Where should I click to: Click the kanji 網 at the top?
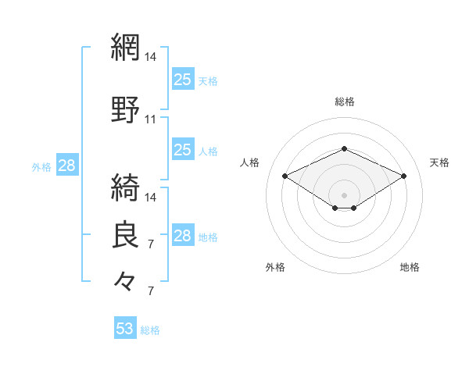click(x=125, y=47)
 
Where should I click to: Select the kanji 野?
click(x=125, y=109)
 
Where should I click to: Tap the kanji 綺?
click(x=125, y=187)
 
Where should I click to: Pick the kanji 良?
click(x=125, y=234)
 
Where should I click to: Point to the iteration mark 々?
click(x=125, y=281)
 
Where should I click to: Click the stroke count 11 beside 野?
click(x=150, y=119)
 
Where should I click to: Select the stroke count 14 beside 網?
click(x=150, y=57)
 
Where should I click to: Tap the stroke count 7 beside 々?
click(x=151, y=291)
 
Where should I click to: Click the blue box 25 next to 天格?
click(x=183, y=79)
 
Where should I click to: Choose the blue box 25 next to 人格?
click(x=183, y=149)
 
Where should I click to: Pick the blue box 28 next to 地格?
click(x=183, y=234)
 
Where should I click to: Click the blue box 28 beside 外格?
click(x=67, y=165)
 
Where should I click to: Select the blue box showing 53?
click(x=125, y=327)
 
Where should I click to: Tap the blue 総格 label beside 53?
click(x=150, y=330)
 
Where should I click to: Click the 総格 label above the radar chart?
click(x=345, y=102)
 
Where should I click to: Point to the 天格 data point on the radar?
click(x=403, y=176)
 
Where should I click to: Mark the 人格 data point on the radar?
click(x=285, y=176)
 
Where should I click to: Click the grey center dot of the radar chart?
click(x=344, y=195)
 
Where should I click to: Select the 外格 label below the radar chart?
click(x=275, y=267)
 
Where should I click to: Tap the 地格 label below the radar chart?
click(x=410, y=267)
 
